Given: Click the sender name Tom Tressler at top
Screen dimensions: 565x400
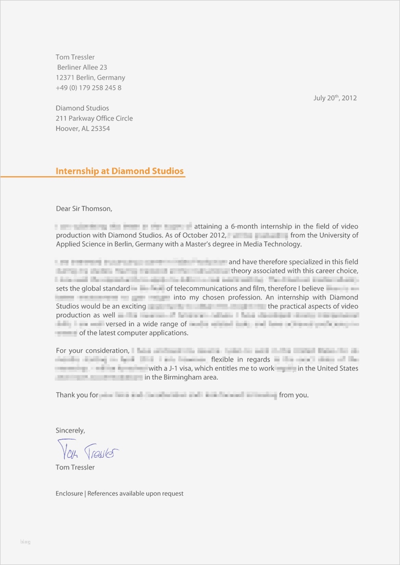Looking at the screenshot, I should pyautogui.click(x=75, y=57).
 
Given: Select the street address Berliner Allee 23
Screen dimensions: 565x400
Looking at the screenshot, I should pyautogui.click(x=82, y=67).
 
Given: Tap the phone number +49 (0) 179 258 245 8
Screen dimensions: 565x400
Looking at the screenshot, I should pyautogui.click(x=88, y=88).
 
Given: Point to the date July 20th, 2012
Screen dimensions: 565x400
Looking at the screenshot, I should pyautogui.click(x=335, y=98).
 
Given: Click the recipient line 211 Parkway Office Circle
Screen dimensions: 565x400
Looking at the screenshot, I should pyautogui.click(x=94, y=118).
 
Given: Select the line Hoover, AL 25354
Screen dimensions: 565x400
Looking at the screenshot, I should pyautogui.click(x=83, y=128).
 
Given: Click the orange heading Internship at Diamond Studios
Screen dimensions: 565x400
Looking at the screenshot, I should pyautogui.click(x=119, y=171).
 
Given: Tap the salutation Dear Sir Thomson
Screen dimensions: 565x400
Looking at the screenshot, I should pyautogui.click(x=83, y=209).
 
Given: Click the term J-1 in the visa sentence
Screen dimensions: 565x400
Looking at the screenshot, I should pyautogui.click(x=172, y=368).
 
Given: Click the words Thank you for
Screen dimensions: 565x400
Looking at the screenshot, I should pyautogui.click(x=77, y=395).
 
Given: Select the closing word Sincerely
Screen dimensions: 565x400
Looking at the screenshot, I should pyautogui.click(x=70, y=430).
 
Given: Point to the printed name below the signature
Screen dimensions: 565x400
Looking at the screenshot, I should pyautogui.click(x=75, y=467).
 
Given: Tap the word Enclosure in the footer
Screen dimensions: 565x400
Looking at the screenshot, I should pyautogui.click(x=69, y=494).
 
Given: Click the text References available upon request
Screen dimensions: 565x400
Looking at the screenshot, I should pyautogui.click(x=135, y=494).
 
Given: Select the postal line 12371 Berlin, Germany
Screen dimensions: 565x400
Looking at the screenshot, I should pyautogui.click(x=90, y=78).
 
